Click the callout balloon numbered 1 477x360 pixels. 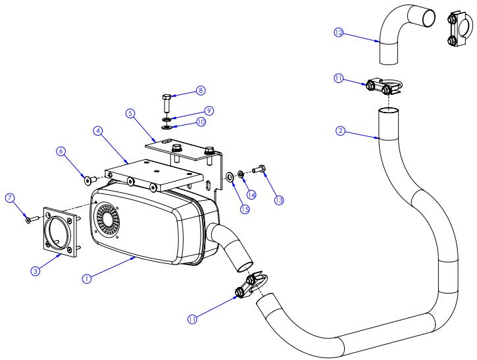86,278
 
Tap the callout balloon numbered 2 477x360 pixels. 340,131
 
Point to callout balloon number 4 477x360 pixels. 97,131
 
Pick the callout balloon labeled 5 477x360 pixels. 130,113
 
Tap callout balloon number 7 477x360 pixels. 9,197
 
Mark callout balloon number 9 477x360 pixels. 208,110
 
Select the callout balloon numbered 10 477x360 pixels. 201,122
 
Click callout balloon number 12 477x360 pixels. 339,32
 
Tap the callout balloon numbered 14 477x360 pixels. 251,194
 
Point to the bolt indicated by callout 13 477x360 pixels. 259,171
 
